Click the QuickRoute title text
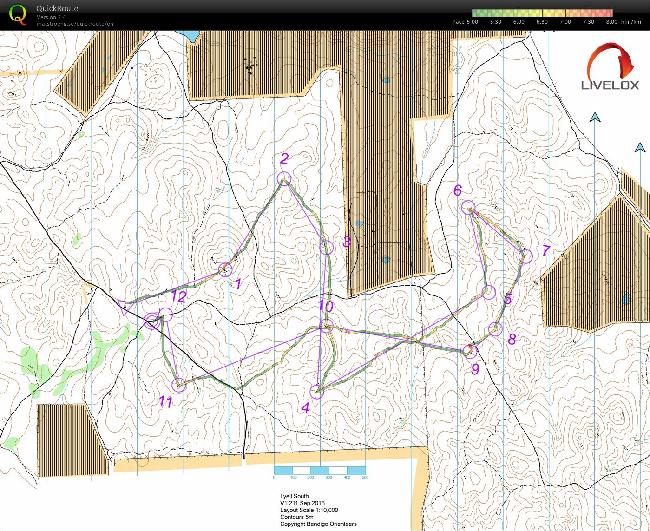click(x=57, y=8)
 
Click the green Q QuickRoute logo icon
click(x=18, y=13)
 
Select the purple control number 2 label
click(x=284, y=159)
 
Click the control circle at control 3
click(x=327, y=247)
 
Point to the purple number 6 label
click(x=458, y=190)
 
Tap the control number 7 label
click(x=546, y=251)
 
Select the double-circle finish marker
click(x=152, y=321)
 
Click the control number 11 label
click(x=166, y=402)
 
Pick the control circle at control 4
click(x=317, y=392)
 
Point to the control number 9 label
click(x=475, y=369)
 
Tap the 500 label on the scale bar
click(x=365, y=478)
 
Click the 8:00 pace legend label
click(x=611, y=22)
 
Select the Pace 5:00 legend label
click(x=465, y=22)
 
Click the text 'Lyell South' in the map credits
click(x=294, y=496)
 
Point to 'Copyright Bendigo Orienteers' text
click(x=318, y=524)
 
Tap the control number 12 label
click(x=178, y=296)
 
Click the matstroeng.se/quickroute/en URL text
click(x=75, y=24)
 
